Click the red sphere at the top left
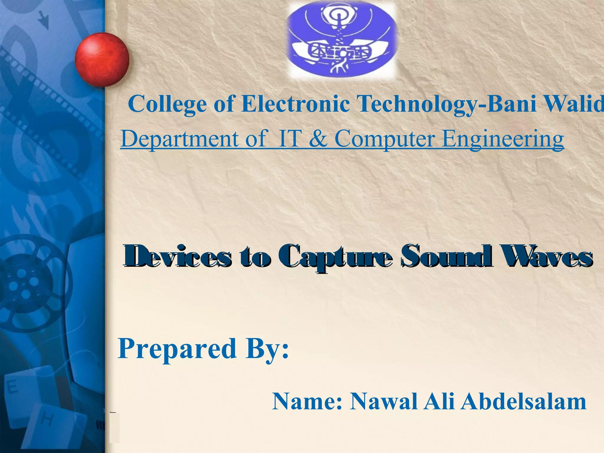[102, 59]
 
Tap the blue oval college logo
[342, 41]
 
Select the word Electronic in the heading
[295, 104]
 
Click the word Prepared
[177, 349]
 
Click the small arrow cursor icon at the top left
[44, 19]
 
